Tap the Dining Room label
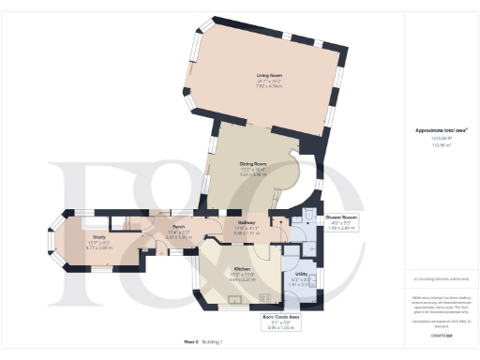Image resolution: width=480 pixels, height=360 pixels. coord(250,163)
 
